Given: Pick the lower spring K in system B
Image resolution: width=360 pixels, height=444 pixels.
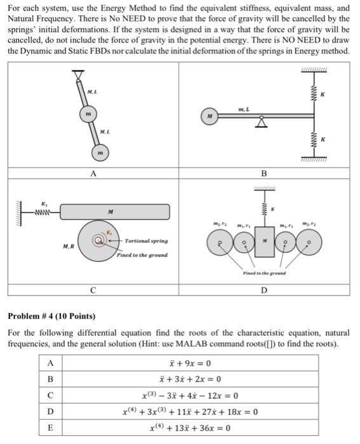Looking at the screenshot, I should coord(314,141).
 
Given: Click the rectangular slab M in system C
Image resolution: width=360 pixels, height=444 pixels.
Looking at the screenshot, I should coord(112,211).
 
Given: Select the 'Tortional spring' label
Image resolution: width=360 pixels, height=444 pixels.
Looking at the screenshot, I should coord(145,241).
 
